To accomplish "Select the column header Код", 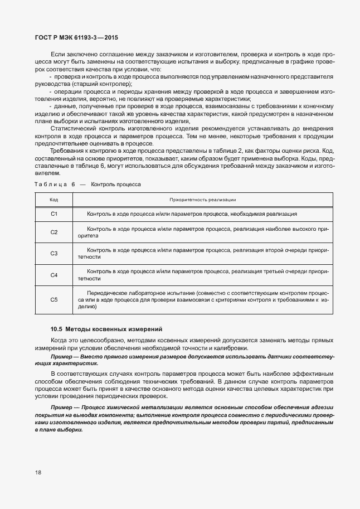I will (54, 199).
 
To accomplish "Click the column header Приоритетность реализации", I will (203, 199).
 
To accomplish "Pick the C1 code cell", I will (54, 214).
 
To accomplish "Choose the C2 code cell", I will (54, 232).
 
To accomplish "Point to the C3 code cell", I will (54, 254).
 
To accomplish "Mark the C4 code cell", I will (54, 275).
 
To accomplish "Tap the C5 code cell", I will (54, 299).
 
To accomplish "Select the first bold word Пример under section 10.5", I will (60, 355).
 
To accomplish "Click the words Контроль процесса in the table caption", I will (116, 183).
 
